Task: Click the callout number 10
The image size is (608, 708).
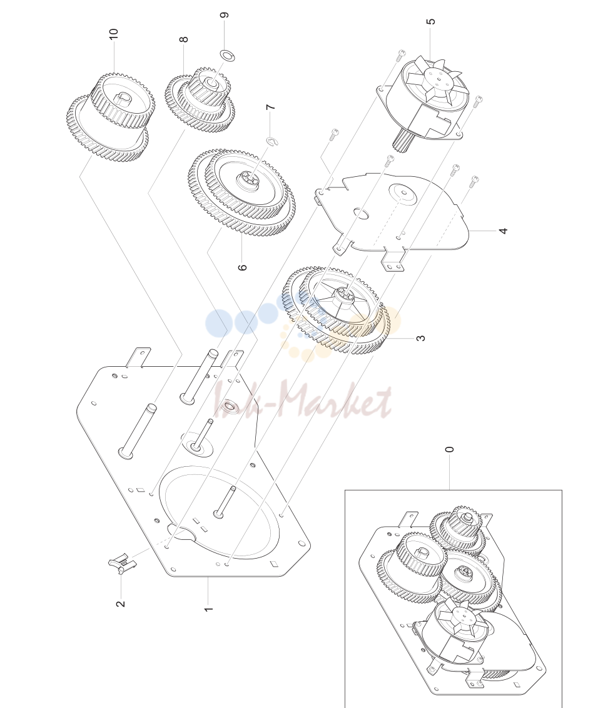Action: click(x=113, y=34)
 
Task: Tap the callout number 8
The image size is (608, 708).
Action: click(x=183, y=39)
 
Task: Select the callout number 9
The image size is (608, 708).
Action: click(x=224, y=16)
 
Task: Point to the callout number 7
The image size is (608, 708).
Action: click(x=270, y=107)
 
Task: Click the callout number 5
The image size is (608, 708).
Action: click(x=431, y=22)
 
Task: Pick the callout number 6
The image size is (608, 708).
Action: click(x=243, y=267)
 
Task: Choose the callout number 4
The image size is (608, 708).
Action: click(x=503, y=231)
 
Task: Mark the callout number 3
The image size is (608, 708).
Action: click(x=420, y=338)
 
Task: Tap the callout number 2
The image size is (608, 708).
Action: click(x=121, y=604)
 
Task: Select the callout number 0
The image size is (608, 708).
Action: click(x=449, y=449)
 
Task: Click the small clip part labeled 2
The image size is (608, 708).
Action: click(x=122, y=564)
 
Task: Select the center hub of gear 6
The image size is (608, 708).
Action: click(x=250, y=178)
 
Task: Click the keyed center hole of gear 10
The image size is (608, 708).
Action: click(x=121, y=99)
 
